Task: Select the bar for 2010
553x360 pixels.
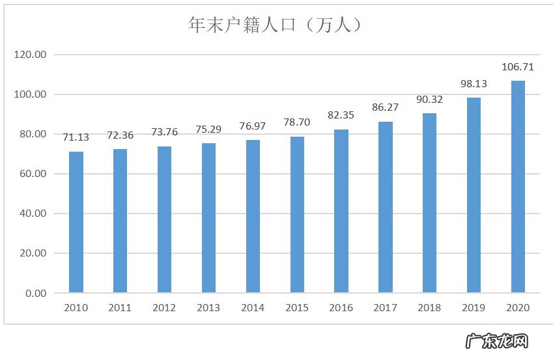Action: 76,222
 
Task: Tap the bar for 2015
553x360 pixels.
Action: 297,215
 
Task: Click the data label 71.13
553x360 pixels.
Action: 76,137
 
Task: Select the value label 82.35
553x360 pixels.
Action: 341,115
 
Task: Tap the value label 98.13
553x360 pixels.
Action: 474,84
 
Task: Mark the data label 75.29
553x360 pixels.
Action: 208,129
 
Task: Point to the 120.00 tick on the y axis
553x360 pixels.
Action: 30,55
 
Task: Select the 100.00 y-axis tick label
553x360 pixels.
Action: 30,94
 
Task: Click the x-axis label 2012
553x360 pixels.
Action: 164,308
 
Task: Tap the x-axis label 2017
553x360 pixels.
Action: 385,308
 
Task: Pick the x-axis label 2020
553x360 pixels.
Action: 518,308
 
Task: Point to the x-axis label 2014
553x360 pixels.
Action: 253,308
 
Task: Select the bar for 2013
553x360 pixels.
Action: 208,218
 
